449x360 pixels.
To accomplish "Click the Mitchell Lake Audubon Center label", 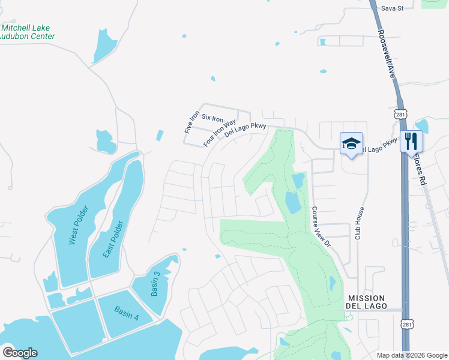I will click(28, 32).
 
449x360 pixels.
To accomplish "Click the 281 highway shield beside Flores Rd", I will click(401, 113).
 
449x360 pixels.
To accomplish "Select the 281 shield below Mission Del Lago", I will click(408, 325).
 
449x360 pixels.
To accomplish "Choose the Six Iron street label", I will click(212, 118).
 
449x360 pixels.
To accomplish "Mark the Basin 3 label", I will click(155, 283).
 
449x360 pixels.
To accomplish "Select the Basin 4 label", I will click(127, 314).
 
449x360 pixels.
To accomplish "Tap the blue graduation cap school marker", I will click(351, 143).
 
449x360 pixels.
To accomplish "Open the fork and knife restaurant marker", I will click(411, 142).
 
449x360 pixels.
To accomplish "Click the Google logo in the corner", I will click(20, 353).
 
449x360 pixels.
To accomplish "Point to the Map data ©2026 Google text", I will click(412, 355).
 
